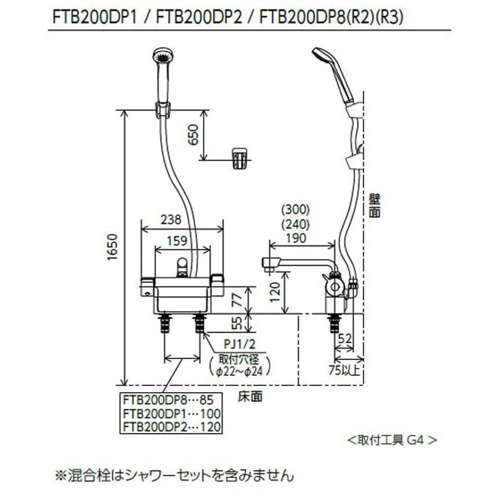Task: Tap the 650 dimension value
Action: click(194, 134)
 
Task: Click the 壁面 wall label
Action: click(375, 205)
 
